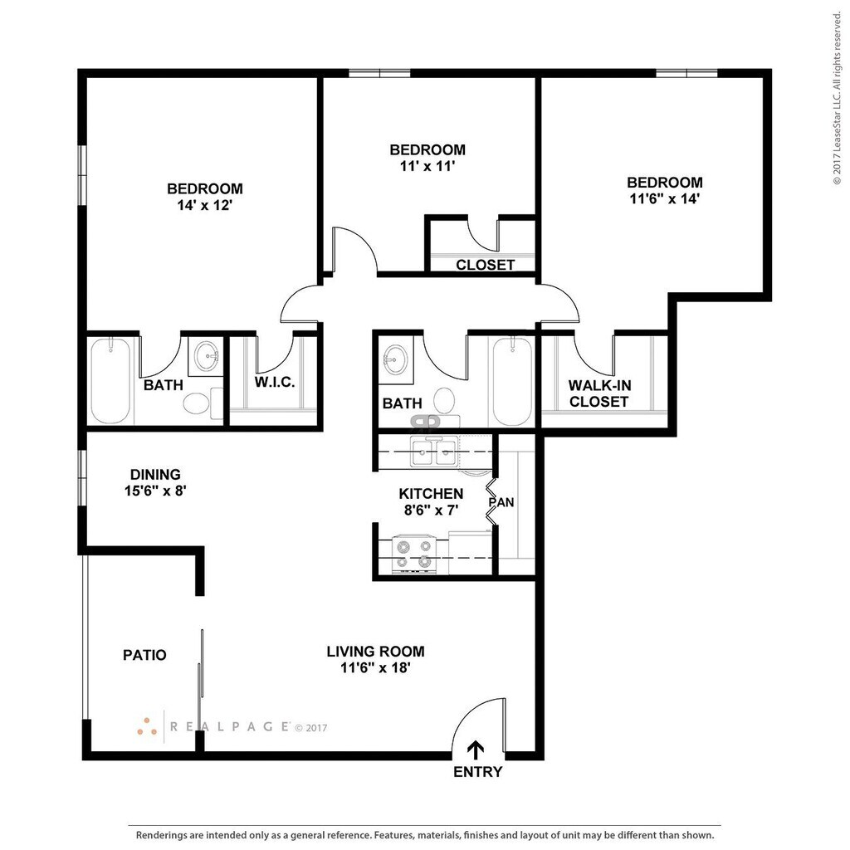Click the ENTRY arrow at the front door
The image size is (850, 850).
click(476, 750)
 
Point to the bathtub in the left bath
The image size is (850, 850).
click(110, 380)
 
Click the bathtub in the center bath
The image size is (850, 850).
click(512, 381)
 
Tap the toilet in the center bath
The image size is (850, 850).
click(444, 399)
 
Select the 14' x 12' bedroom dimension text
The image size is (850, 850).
click(204, 206)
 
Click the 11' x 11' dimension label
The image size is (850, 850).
click(427, 166)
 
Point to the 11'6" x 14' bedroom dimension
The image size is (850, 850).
click(665, 199)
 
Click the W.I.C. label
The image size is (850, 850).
click(275, 382)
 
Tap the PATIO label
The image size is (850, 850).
click(144, 656)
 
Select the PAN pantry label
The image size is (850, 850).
click(501, 502)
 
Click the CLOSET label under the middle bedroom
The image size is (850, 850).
click(485, 265)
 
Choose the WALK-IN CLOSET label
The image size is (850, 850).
click(599, 393)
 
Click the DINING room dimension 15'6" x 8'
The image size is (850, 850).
click(155, 491)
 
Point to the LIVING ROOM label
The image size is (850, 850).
click(375, 652)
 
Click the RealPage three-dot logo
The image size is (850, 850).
click(147, 727)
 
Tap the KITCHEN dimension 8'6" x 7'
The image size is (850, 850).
click(432, 510)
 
